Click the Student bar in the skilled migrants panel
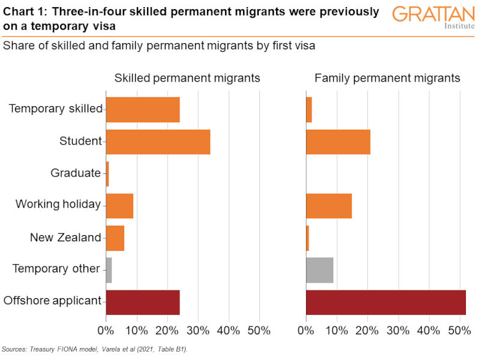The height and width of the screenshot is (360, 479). pos(158,142)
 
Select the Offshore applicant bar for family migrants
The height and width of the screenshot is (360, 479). pos(385,301)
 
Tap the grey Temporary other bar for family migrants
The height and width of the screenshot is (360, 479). pos(319,269)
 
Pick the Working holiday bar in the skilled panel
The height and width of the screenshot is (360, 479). pos(119,205)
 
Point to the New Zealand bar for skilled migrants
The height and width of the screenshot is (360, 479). pos(115,238)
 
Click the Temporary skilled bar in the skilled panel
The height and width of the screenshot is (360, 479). pos(143,109)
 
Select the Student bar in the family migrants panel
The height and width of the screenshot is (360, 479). pos(338,142)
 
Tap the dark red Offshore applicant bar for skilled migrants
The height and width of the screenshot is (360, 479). pos(143,301)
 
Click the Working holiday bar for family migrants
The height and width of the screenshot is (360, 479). pos(328,205)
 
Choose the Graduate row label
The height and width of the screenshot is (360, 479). pos(76,173)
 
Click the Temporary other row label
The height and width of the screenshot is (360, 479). pos(56,268)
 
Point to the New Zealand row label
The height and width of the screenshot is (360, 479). pos(65,237)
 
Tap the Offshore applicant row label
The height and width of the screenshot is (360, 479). pos(52,301)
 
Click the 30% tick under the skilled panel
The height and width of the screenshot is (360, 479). pos(198,331)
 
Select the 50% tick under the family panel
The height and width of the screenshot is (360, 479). pos(459,331)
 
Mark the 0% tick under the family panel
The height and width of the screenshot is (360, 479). pos(306,331)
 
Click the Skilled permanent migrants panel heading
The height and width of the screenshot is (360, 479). pos(187,78)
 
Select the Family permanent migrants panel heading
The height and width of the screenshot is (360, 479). pos(387,78)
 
